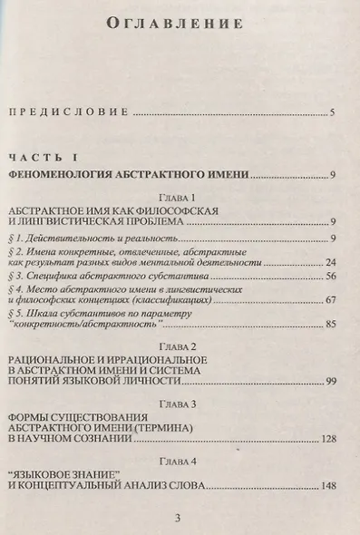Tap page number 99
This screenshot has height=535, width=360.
coord(331,380)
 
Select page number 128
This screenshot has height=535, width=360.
coord(328,438)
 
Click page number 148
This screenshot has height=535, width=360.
coord(328,488)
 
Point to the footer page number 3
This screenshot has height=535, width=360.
coord(179,517)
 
